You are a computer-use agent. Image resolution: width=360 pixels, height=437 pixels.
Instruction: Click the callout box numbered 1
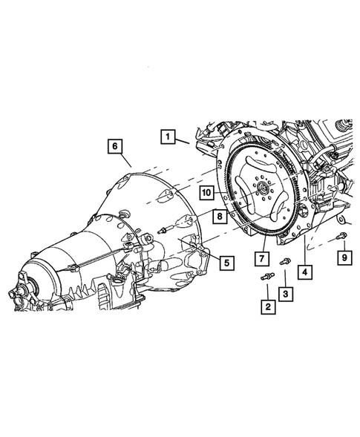click(168, 137)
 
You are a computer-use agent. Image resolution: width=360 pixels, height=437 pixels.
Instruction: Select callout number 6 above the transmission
click(115, 146)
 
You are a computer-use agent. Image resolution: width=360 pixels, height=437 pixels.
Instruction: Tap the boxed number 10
click(206, 193)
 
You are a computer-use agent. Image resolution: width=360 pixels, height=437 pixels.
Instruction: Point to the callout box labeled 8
click(220, 217)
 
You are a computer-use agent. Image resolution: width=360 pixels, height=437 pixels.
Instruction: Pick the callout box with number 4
click(305, 272)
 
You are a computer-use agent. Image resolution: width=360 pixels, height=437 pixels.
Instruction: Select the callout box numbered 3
click(285, 294)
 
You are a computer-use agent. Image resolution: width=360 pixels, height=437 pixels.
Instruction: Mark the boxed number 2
click(265, 306)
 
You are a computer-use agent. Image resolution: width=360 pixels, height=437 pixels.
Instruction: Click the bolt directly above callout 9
click(340, 237)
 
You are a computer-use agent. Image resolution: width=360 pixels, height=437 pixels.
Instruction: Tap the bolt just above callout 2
click(266, 277)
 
